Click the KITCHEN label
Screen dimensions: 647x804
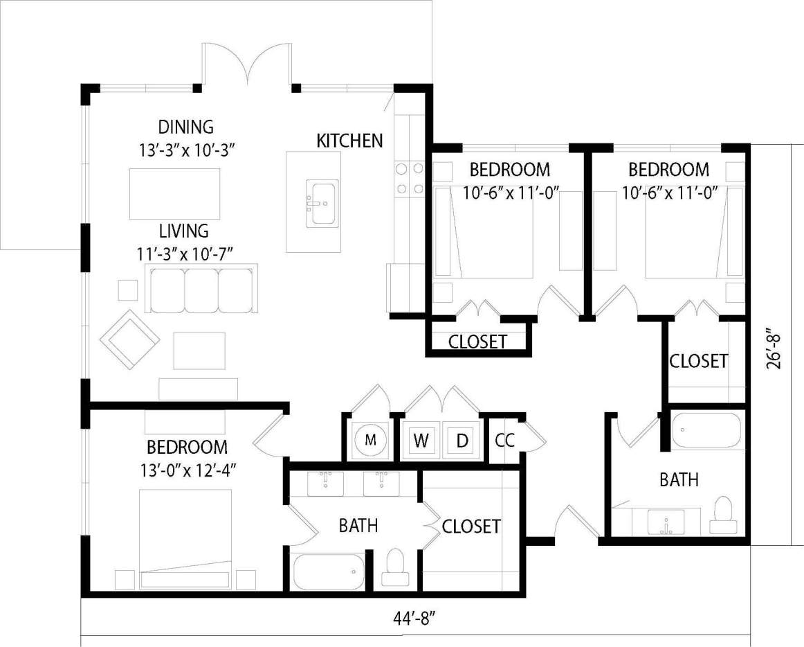click(349, 141)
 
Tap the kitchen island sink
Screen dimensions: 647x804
click(323, 203)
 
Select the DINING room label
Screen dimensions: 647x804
click(185, 127)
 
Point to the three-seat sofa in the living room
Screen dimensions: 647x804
click(200, 288)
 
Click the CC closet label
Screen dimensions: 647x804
click(504, 441)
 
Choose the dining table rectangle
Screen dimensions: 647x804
click(174, 193)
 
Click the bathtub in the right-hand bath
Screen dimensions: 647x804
click(707, 430)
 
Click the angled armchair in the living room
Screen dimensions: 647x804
click(129, 339)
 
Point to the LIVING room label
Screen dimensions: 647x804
click(183, 231)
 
